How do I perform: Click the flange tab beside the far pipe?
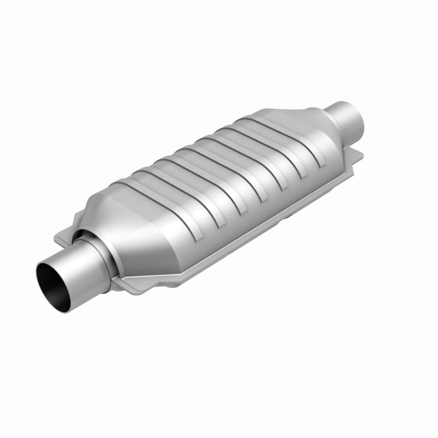[356, 156]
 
